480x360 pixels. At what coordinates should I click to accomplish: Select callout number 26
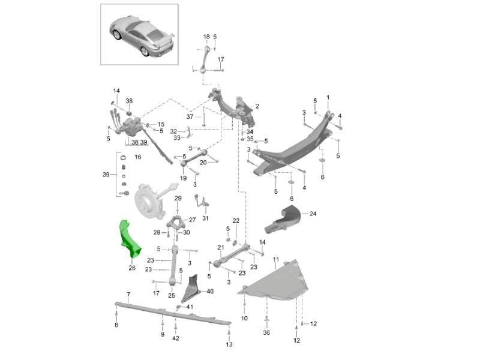131,268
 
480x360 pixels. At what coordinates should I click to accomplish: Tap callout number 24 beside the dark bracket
313,213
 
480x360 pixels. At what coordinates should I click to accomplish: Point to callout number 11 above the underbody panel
276,259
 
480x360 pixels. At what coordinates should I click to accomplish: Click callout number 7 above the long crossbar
128,294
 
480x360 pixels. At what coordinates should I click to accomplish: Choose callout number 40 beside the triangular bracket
209,291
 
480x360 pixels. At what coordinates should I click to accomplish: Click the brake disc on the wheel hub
145,201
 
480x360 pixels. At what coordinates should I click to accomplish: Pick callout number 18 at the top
206,37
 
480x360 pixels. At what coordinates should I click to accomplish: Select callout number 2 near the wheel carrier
257,106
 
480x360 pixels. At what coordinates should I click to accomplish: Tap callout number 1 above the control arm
328,97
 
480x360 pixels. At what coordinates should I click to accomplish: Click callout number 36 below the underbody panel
266,332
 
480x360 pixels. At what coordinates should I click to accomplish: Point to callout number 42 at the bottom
175,338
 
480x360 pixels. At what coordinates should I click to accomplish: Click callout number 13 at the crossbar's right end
229,344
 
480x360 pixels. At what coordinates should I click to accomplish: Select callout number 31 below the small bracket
205,218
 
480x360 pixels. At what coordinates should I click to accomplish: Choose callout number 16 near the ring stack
137,157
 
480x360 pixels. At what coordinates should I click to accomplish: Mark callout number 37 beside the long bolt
190,116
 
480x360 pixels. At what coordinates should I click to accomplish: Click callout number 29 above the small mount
178,198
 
